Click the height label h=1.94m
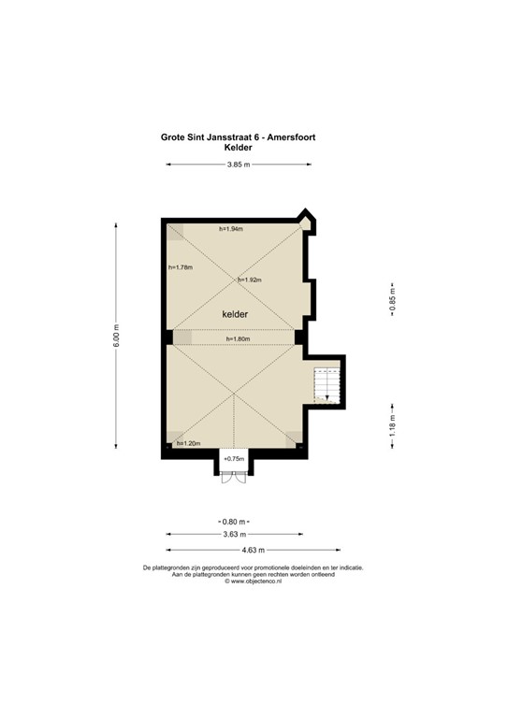tap(230, 230)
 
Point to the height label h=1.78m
tap(180, 267)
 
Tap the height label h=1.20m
tap(188, 443)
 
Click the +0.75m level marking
tap(234, 459)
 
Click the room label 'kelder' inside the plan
tap(235, 315)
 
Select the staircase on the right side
tap(327, 385)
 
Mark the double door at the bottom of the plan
tap(233, 476)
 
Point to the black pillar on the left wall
tap(167, 337)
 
